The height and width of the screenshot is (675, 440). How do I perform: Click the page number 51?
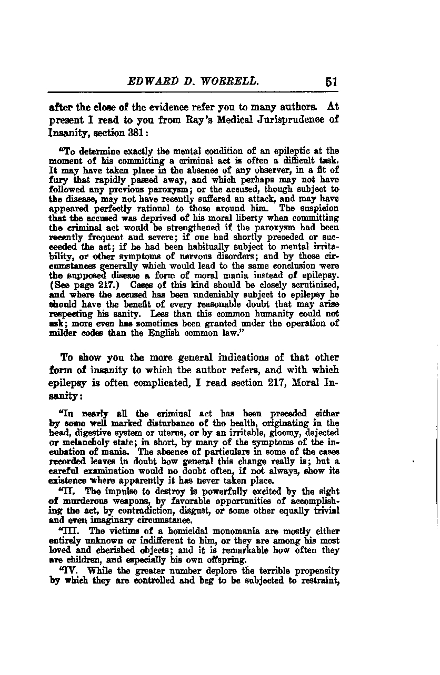(331, 81)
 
